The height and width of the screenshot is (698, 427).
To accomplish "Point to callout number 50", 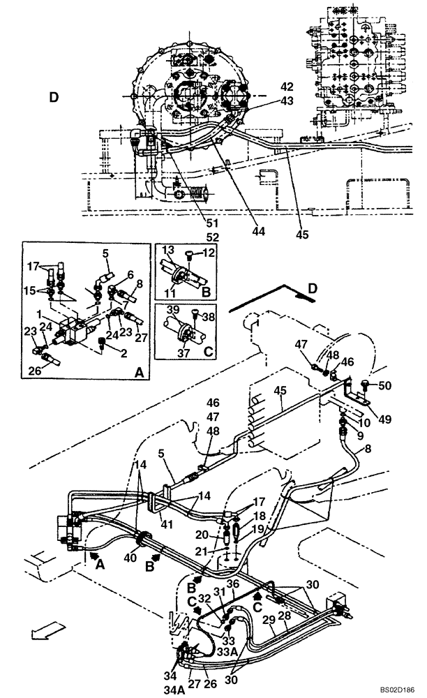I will (385, 385).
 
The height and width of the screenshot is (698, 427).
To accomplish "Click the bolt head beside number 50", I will (365, 383).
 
